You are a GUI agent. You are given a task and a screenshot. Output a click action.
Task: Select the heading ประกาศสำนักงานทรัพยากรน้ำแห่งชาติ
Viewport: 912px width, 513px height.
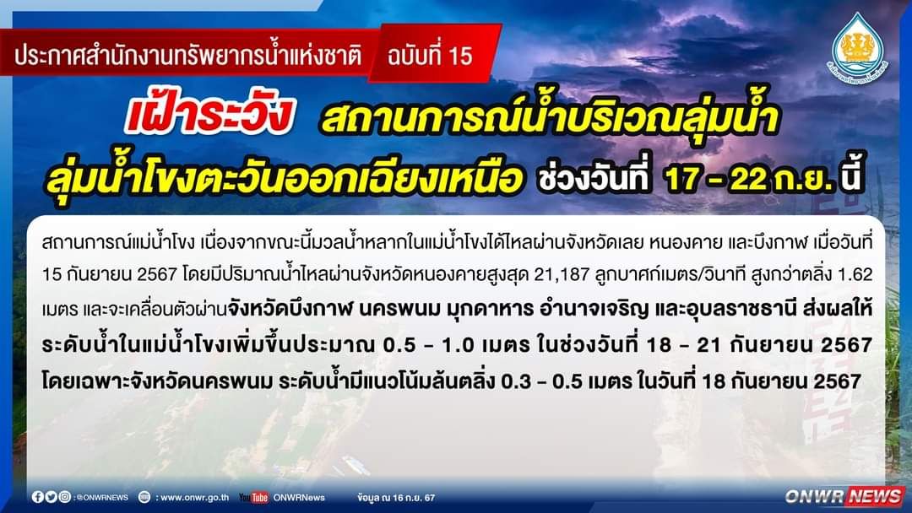(187, 56)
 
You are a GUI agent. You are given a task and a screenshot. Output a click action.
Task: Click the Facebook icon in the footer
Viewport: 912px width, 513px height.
(38, 497)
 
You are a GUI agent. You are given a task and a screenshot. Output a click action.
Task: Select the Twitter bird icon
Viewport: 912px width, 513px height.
(52, 497)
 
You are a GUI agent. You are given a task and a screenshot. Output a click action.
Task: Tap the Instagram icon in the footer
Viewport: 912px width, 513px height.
(64, 497)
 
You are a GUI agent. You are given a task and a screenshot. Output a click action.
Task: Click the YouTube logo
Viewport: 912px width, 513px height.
(253, 497)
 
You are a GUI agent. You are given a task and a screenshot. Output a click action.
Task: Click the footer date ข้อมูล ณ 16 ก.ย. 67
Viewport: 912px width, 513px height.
(396, 498)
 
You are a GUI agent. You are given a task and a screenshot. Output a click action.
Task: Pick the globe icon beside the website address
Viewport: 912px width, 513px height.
(144, 497)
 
